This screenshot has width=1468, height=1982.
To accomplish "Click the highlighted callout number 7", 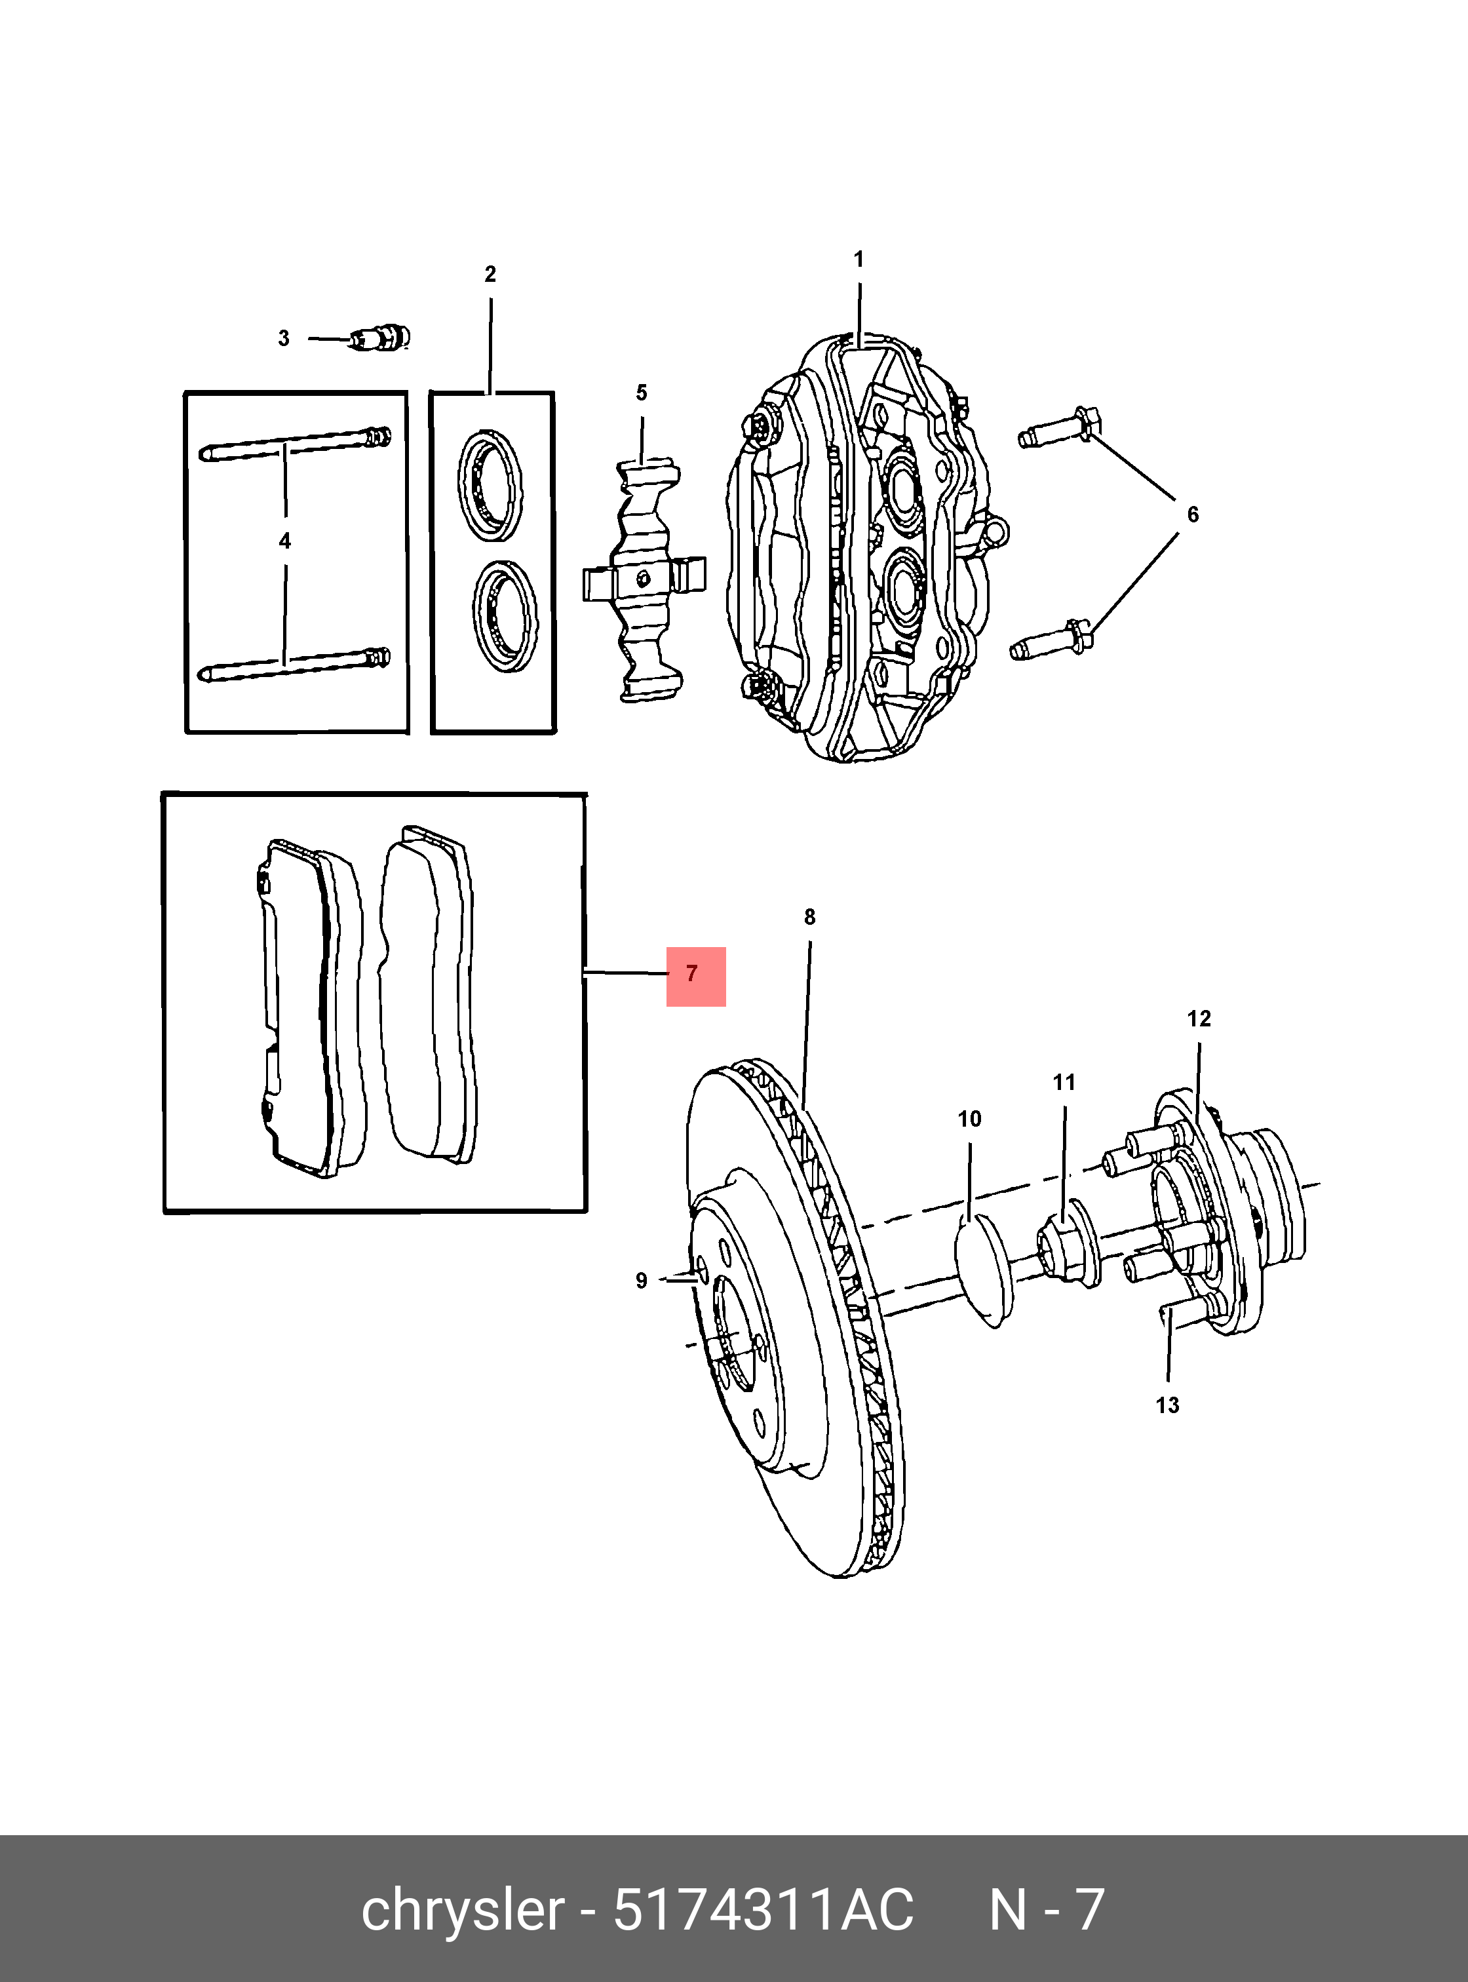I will pos(694,975).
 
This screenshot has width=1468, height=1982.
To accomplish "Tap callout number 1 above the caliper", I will pos(859,260).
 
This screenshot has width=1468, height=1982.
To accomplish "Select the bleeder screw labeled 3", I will pos(379,339).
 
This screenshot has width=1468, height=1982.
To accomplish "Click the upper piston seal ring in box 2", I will pos(490,485).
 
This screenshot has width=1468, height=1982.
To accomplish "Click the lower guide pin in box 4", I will pos(292,664).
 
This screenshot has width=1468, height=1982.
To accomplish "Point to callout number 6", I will pos(1193,515).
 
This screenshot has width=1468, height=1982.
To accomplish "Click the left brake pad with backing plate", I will pos(307,1008).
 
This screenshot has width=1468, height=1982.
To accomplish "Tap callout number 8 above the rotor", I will pos(809,917).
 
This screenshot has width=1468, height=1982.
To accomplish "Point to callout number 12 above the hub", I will pos(1199,1019).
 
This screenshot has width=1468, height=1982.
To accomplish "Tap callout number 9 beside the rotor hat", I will pos(642,1281).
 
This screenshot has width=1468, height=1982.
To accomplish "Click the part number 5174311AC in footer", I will pos(762,1910).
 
